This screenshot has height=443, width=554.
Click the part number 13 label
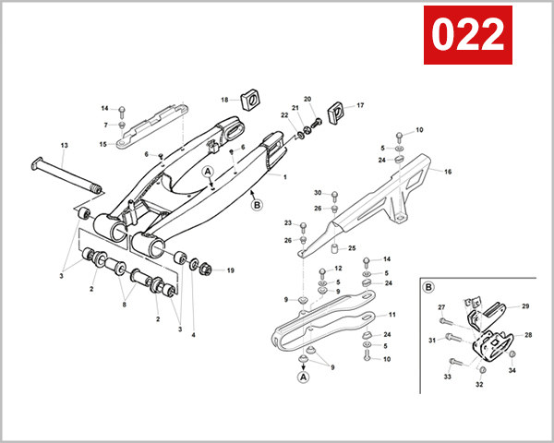tap(65, 146)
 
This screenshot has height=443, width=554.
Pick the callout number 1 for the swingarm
tap(284, 176)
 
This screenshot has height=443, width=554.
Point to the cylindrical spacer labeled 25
tap(337, 249)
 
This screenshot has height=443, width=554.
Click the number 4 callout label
tap(193, 335)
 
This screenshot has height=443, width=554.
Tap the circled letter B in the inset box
tap(429, 286)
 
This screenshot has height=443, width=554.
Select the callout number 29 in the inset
tap(525, 305)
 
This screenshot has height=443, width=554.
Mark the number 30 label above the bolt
tap(317, 193)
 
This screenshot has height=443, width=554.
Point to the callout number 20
tap(308, 99)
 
